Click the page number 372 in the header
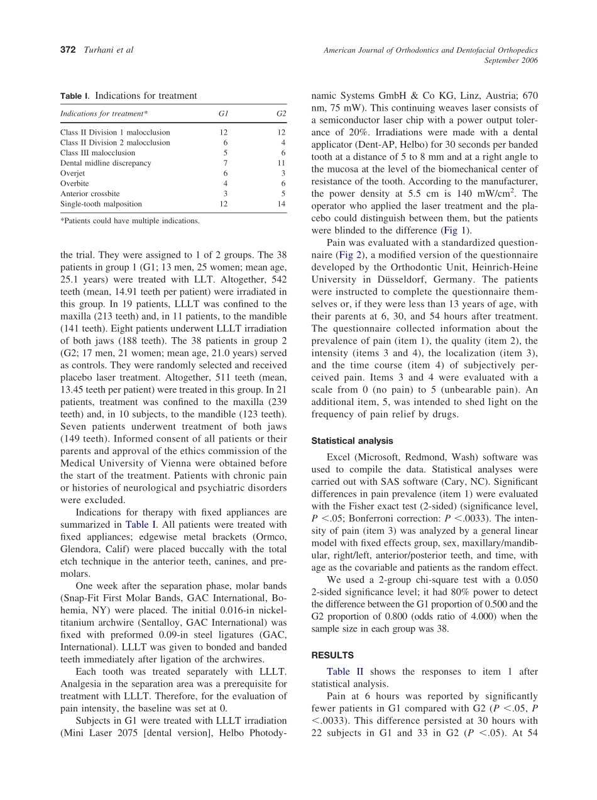click(x=68, y=50)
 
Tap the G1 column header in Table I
click(x=223, y=114)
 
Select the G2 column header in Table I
click(x=281, y=114)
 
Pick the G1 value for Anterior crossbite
click(x=225, y=194)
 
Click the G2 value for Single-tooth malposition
click(x=281, y=204)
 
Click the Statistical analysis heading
click(x=352, y=441)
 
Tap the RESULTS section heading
click(x=332, y=655)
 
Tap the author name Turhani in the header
click(x=99, y=50)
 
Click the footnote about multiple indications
click(x=130, y=221)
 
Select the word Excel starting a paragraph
click(x=339, y=458)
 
